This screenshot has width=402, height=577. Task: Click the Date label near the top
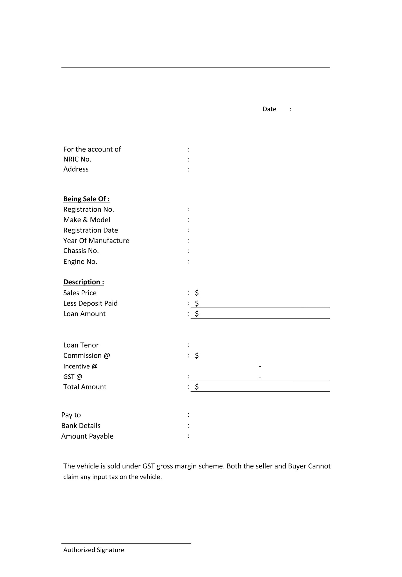point(269,109)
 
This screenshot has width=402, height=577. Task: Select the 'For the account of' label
point(92,149)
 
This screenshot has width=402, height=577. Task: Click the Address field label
point(76,169)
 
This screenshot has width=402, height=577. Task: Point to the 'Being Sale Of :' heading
point(86,199)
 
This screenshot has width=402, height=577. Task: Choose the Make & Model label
point(87,220)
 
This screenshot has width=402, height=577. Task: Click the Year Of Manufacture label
point(96,241)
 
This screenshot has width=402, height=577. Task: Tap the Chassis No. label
point(81,251)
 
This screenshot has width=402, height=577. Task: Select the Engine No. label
point(80,262)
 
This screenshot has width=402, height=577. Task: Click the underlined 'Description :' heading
point(84,282)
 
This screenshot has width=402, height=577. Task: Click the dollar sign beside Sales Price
point(197,293)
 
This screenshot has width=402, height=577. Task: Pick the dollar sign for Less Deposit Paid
point(197,303)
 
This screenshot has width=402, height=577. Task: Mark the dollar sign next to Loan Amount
point(197,314)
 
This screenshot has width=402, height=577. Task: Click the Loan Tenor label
point(81,345)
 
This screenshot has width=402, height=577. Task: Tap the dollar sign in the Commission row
point(197,355)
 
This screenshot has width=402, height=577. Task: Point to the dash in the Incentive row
point(260,366)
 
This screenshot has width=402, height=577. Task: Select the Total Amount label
point(85,387)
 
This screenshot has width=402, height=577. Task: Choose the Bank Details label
point(81,425)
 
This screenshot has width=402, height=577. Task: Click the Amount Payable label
point(87,436)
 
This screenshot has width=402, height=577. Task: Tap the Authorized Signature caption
point(94,550)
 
